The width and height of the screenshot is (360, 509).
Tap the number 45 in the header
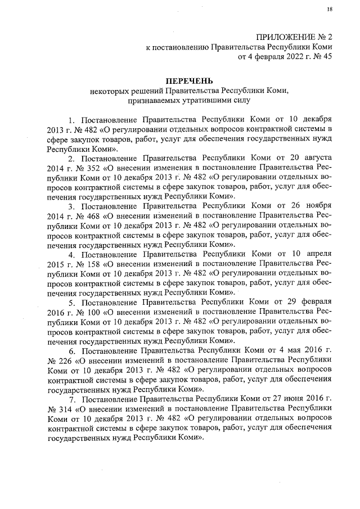point(327,57)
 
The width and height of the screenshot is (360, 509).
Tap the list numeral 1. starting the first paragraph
point(71,120)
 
